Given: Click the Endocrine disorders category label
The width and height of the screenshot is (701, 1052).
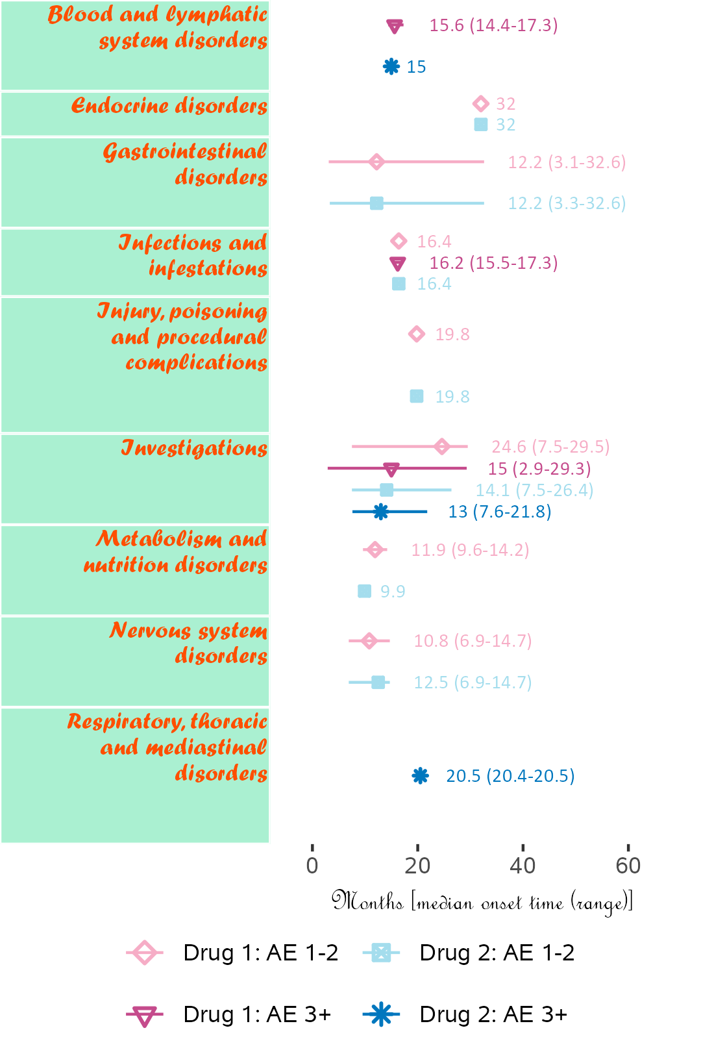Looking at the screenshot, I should pyautogui.click(x=169, y=105).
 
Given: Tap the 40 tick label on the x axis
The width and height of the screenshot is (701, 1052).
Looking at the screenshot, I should pyautogui.click(x=523, y=866).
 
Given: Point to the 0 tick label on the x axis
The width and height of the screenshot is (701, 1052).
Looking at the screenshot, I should pyautogui.click(x=312, y=866).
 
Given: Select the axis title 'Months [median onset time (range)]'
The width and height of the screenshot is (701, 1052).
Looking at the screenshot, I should pyautogui.click(x=482, y=902).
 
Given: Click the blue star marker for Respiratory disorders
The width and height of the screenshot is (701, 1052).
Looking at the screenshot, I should pyautogui.click(x=421, y=776).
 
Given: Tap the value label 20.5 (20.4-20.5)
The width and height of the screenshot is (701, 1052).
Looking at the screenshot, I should pyautogui.click(x=510, y=776).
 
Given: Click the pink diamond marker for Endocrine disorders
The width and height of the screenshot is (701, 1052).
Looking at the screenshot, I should pyautogui.click(x=480, y=104).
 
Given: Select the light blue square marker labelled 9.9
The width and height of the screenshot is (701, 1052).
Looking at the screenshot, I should pyautogui.click(x=365, y=591).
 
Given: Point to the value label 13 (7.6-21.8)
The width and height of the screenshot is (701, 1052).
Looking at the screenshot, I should pyautogui.click(x=500, y=512).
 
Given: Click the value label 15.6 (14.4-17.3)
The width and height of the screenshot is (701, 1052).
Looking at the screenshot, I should pyautogui.click(x=493, y=25).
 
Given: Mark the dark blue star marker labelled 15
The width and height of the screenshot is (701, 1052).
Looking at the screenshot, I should pyautogui.click(x=391, y=66).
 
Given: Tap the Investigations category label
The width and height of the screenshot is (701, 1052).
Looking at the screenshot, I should pyautogui.click(x=194, y=448).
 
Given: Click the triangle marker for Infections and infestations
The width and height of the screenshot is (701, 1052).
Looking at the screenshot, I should pyautogui.click(x=398, y=264).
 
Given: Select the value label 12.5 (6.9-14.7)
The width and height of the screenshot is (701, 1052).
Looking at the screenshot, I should pyautogui.click(x=473, y=683).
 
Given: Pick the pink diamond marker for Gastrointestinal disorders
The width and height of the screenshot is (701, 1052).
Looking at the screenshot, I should pyautogui.click(x=376, y=162).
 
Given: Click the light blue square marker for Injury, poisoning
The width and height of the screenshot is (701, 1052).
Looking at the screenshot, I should pyautogui.click(x=417, y=396).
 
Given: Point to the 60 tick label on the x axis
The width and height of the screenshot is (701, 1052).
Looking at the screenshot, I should pyautogui.click(x=628, y=866).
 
